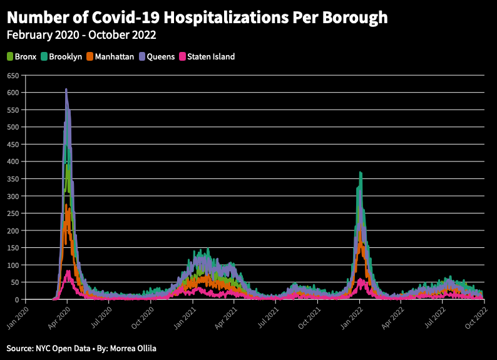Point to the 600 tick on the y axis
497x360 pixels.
tap(12, 93)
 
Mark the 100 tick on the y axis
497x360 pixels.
tap(12, 265)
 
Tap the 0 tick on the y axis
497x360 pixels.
tap(16, 300)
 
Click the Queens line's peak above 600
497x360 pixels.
tap(66, 90)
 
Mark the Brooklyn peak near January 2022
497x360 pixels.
tap(360, 172)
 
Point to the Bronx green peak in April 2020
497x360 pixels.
tap(67, 165)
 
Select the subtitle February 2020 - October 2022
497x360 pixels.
tap(81, 35)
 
